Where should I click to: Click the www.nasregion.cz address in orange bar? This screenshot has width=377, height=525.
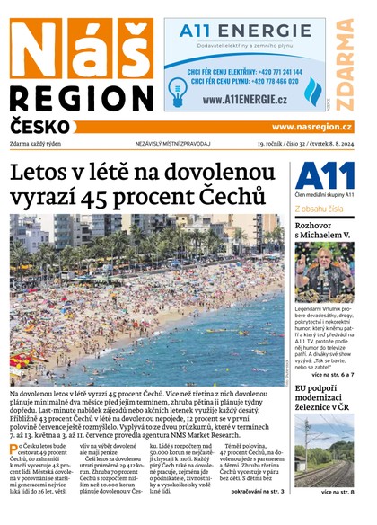tap(311, 128)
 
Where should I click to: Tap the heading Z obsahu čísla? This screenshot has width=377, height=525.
tap(324, 208)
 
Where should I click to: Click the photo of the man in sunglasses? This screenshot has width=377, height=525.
tap(324, 272)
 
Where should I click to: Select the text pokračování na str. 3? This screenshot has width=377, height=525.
tap(257, 492)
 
